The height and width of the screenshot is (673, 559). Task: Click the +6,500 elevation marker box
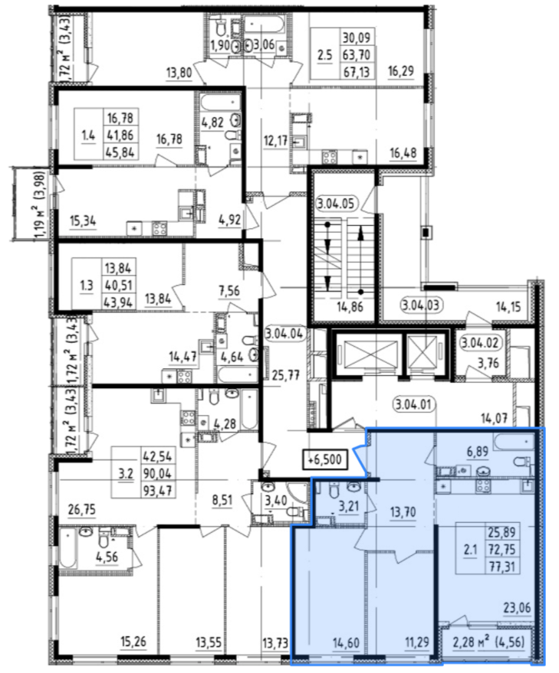325,459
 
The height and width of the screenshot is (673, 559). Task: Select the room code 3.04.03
422,305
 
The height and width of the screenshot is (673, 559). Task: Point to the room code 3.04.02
480,343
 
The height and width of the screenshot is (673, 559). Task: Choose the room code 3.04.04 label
285,334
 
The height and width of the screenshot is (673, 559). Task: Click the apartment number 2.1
470,550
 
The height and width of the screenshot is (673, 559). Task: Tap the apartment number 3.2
126,473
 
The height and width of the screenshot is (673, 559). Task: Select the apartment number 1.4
89,136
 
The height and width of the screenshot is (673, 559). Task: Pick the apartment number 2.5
324,55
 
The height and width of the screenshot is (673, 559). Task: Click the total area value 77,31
501,567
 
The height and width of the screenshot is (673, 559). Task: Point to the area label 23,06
518,608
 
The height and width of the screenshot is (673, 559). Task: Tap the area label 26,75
82,510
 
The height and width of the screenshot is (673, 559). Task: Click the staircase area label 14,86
350,306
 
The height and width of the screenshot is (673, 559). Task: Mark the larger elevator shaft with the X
370,354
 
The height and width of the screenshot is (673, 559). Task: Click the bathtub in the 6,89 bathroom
514,442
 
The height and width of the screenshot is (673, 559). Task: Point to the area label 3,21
348,506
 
